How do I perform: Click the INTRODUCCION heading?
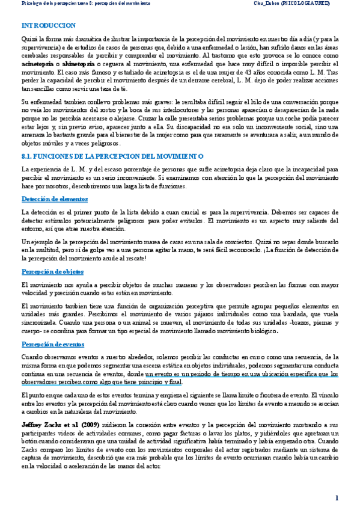coord(48,26)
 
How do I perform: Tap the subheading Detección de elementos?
coord(55,198)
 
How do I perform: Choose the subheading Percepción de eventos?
coord(52,344)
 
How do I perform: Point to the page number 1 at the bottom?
coord(337,498)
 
